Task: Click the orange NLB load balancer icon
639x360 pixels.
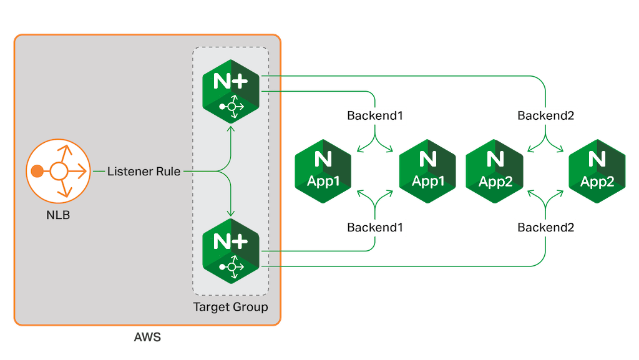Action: point(58,170)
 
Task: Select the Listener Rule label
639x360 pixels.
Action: point(144,170)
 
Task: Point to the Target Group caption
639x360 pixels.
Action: point(230,307)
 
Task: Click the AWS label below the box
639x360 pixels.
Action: point(147,338)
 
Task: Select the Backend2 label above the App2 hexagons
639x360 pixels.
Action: point(545,115)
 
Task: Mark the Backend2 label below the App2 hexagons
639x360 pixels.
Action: point(545,228)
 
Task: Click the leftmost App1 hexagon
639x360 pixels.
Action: point(323,171)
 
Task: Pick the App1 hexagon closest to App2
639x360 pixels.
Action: point(427,171)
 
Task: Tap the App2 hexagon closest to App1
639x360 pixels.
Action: point(495,171)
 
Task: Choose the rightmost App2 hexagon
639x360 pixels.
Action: point(597,171)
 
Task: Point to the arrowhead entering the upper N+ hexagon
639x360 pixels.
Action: point(232,129)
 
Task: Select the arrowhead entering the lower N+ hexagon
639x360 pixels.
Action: point(232,212)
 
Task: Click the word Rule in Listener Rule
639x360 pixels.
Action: point(168,170)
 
